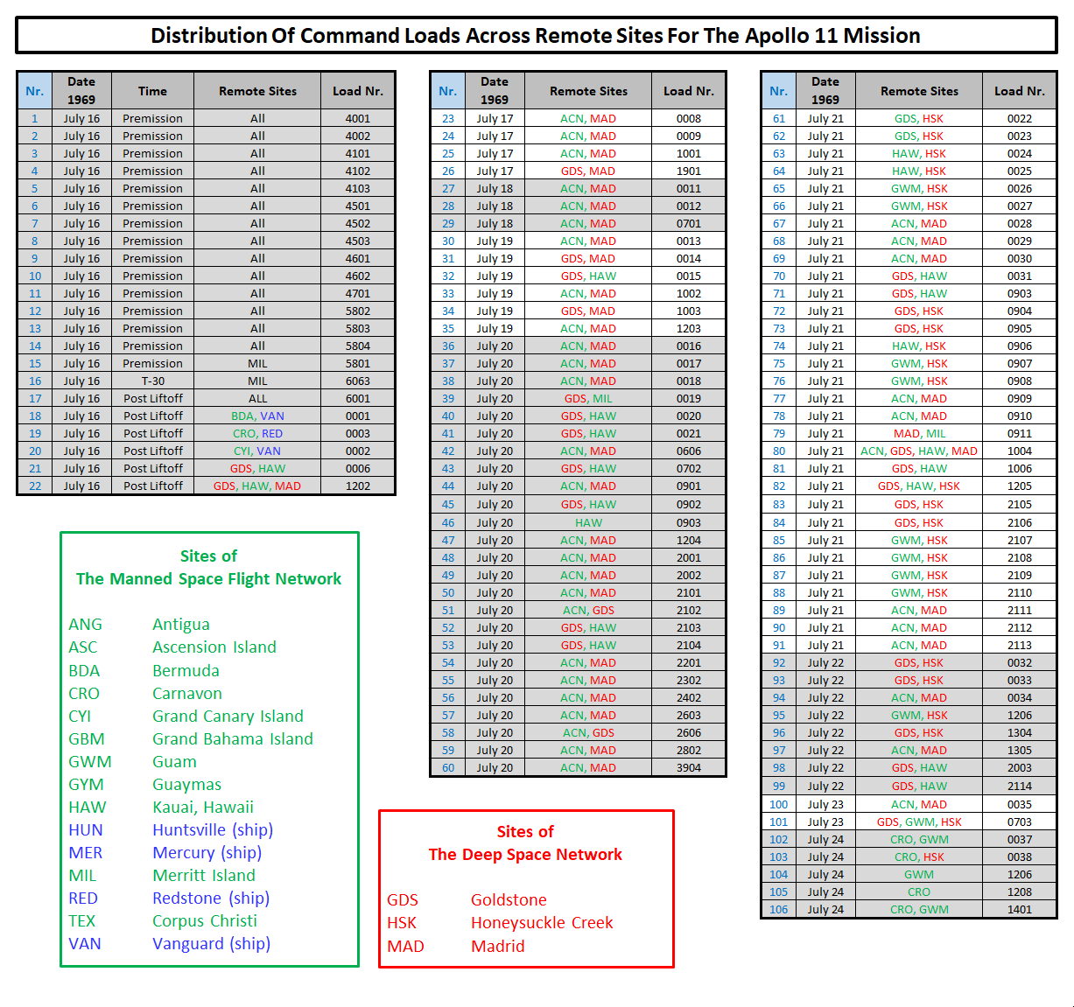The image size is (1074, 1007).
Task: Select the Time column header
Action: coord(152,91)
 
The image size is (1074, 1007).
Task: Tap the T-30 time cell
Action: coord(152,381)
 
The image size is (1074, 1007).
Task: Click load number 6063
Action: coord(357,381)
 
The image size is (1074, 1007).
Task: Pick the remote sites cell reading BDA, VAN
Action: coord(257,416)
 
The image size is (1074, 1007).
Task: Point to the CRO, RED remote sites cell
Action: coord(257,433)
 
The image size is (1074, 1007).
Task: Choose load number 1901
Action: coord(688,171)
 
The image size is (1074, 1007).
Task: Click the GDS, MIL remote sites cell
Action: coord(588,398)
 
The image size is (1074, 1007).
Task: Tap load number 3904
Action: coord(688,767)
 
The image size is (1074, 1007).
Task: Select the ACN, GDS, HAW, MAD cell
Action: coord(919,451)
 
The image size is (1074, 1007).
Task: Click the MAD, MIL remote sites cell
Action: coord(919,433)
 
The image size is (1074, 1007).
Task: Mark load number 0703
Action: coord(1019,822)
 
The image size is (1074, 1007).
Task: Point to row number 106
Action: coord(778,909)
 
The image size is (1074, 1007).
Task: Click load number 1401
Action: coord(1019,909)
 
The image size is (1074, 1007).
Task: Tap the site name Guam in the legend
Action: coord(174,761)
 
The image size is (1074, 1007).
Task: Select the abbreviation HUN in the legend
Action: coord(86,829)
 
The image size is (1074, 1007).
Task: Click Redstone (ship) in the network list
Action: coord(211,898)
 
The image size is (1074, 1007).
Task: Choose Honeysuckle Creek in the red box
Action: coord(542,922)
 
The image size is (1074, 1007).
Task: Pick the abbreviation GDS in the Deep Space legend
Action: coord(403,899)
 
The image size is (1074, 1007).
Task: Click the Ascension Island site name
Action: coord(214,647)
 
